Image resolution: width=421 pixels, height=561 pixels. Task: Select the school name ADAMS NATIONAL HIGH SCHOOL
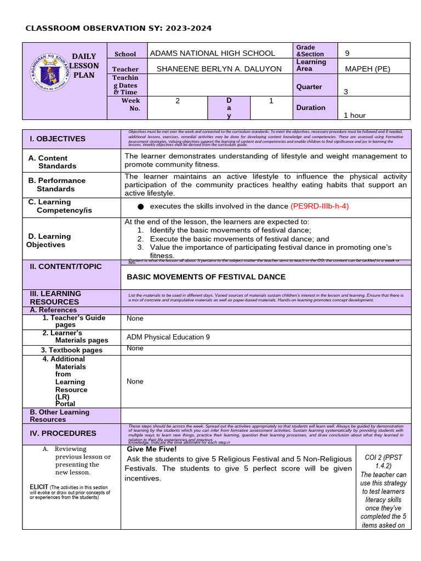coord(212,53)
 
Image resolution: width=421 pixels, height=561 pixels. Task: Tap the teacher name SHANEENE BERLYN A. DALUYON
coord(219,69)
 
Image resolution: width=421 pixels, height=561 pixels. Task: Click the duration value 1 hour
coord(354,115)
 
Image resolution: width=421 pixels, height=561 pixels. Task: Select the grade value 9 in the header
coord(347,53)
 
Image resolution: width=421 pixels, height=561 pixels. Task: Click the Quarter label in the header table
coord(309,87)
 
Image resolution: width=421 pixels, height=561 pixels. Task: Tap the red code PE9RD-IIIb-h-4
coord(320,206)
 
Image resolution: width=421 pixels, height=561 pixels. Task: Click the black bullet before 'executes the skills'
coord(140,207)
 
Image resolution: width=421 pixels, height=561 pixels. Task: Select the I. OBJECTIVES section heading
coord(58,139)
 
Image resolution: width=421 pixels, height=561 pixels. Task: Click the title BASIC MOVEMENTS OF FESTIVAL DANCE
coord(206,277)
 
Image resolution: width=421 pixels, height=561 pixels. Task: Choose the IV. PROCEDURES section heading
coord(62,433)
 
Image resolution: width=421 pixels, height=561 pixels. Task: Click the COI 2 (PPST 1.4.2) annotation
coord(383,461)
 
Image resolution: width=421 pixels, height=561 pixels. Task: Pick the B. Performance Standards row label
coord(57,184)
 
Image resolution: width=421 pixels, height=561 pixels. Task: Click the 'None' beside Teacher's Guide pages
coord(135,318)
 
